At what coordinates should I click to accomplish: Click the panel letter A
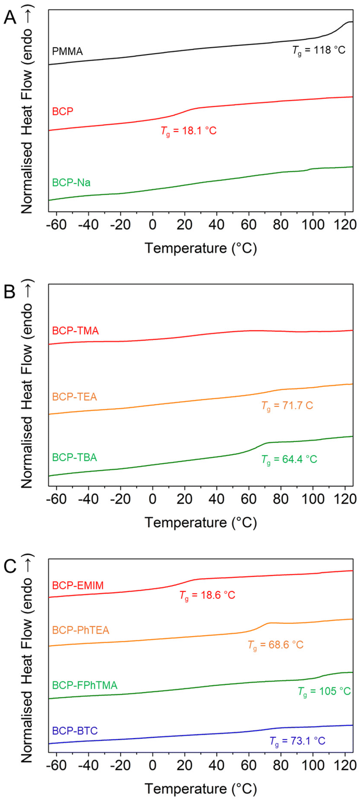click(x=10, y=18)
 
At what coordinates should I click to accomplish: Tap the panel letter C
click(x=10, y=566)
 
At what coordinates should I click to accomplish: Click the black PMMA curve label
click(x=67, y=52)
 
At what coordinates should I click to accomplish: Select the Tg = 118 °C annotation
click(x=319, y=50)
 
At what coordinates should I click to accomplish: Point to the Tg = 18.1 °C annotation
click(x=188, y=131)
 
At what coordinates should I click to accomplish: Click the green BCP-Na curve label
click(x=71, y=182)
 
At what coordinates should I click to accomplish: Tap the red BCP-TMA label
click(x=75, y=331)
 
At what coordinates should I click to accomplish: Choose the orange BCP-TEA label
click(x=74, y=397)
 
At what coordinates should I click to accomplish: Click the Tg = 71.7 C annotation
click(x=287, y=406)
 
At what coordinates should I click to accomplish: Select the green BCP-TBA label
click(x=74, y=457)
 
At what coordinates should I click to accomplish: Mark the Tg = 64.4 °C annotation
click(x=289, y=459)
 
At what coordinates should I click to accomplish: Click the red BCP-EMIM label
click(x=78, y=585)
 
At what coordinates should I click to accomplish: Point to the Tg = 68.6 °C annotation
click(x=275, y=645)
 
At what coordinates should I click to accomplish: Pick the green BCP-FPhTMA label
click(x=85, y=685)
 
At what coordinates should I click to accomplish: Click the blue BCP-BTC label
click(x=75, y=731)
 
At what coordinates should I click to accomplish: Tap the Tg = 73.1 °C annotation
click(x=297, y=741)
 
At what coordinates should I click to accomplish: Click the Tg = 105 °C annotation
click(x=324, y=692)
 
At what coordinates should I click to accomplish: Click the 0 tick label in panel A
click(x=152, y=225)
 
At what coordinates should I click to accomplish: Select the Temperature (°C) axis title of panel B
click(x=200, y=522)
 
